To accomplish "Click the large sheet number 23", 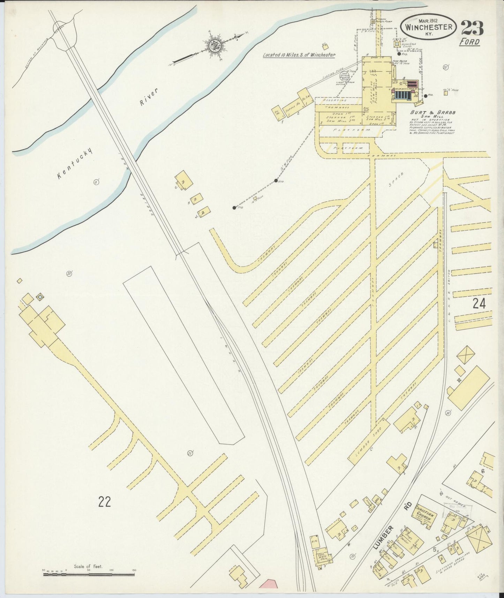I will coord(472,28).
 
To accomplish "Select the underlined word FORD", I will coord(469,42).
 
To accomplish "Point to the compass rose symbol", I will coord(212,45).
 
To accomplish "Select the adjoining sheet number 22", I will coord(104,502).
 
